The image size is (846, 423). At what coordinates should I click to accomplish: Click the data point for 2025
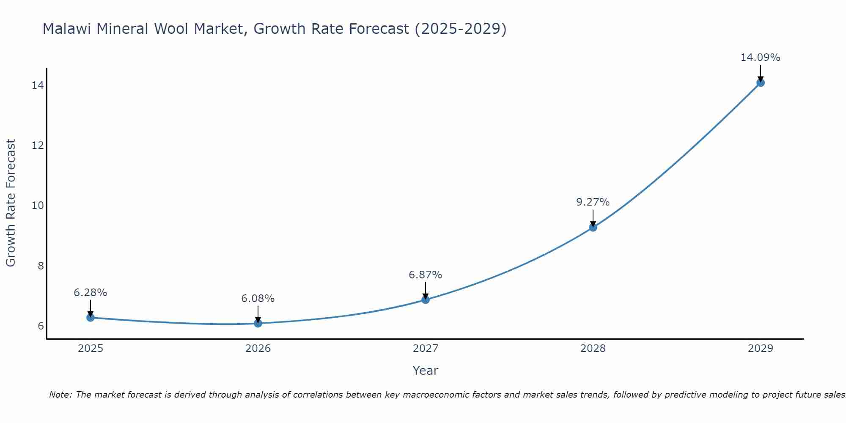click(91, 317)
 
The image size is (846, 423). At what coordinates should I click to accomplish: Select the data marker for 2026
click(258, 323)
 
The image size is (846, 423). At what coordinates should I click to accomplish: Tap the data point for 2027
click(426, 299)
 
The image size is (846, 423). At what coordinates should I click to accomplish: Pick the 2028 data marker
click(593, 227)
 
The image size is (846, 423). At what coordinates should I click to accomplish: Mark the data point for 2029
click(760, 82)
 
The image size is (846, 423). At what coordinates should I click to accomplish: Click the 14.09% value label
click(760, 58)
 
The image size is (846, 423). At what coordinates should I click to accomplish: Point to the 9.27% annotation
click(593, 202)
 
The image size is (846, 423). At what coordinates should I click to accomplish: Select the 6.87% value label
click(425, 275)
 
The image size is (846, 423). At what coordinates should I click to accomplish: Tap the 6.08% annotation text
click(258, 299)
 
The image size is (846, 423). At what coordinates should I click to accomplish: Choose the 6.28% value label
click(90, 293)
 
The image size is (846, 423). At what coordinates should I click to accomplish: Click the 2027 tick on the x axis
click(426, 349)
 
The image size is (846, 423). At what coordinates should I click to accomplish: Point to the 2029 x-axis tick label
click(760, 349)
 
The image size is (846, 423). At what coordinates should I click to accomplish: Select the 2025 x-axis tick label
click(91, 349)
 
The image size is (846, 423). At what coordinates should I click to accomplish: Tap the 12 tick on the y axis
click(38, 146)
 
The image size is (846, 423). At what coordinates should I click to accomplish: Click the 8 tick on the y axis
click(41, 266)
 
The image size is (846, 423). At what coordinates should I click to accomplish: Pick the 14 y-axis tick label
click(38, 85)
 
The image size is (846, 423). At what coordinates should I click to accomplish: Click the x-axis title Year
click(425, 371)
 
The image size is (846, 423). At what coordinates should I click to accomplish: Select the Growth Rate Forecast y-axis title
click(11, 203)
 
